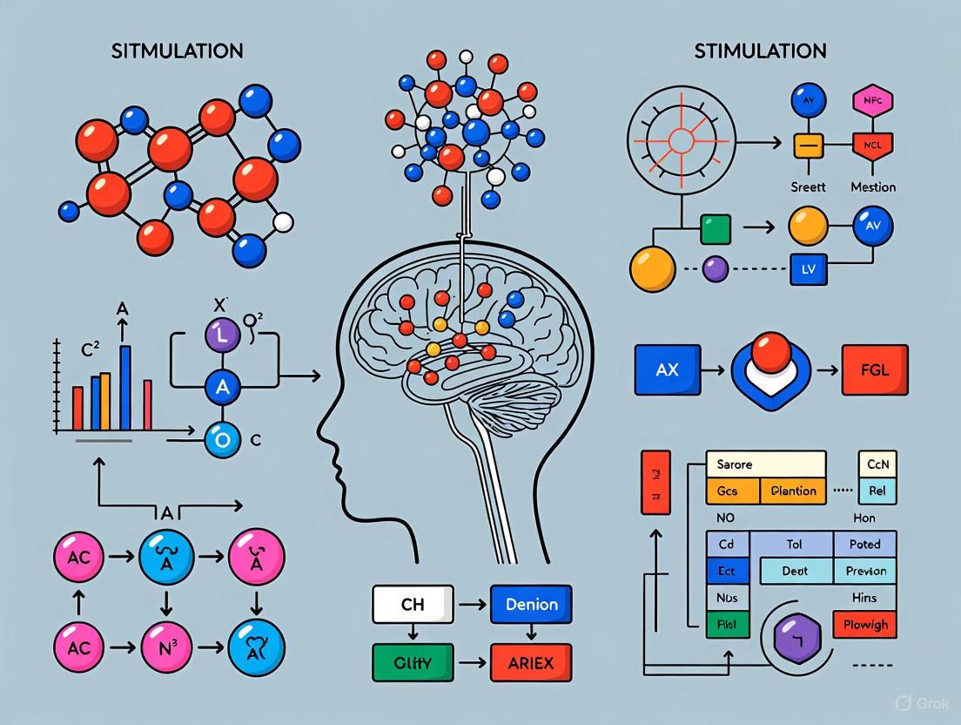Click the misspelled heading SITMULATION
click(177, 51)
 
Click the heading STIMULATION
click(760, 51)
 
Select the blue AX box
click(668, 369)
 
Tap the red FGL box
click(875, 369)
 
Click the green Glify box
click(413, 661)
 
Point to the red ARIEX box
click(531, 661)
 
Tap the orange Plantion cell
click(793, 491)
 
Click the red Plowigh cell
click(865, 624)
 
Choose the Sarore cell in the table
click(764, 464)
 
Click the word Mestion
click(873, 186)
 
